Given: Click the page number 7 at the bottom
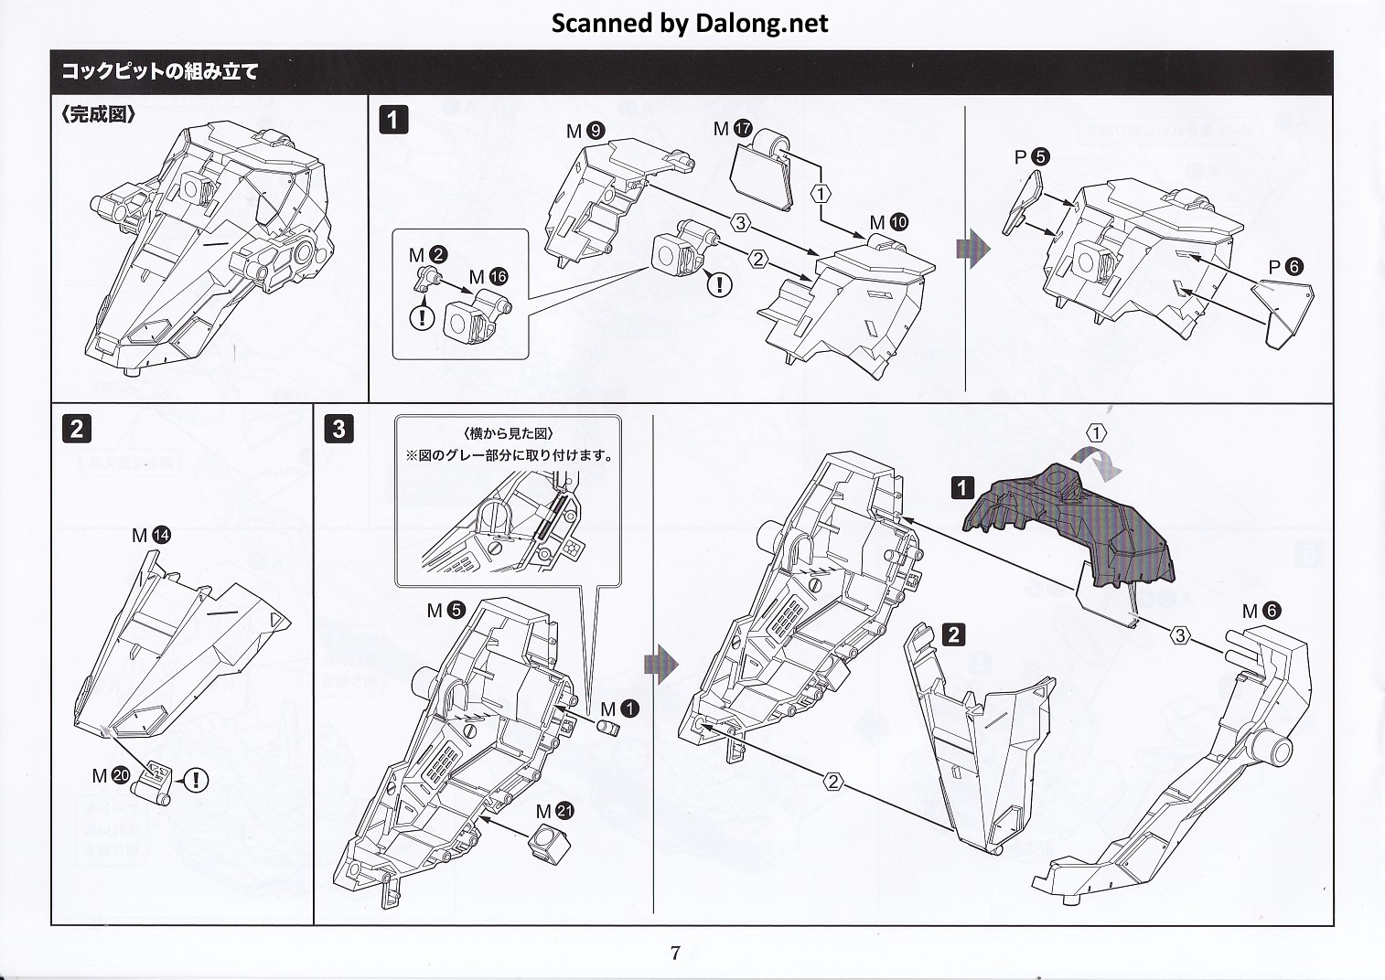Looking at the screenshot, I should coord(675,953).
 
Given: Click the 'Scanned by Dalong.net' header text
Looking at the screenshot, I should coord(689,23).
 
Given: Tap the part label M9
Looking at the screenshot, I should coord(585,131).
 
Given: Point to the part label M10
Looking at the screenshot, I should coord(888,222).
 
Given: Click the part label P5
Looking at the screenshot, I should coord(1032,157).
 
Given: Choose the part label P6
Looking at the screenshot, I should coord(1285,267).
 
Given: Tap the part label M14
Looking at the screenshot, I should coord(151,535).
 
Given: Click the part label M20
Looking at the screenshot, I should coord(112,776).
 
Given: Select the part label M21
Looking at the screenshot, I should coord(555,811).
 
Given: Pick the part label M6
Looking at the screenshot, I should coord(1262,611).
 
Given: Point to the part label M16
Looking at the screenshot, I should coord(488,276).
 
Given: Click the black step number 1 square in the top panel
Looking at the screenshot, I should coord(393,120).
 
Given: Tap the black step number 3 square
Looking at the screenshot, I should coord(339,428).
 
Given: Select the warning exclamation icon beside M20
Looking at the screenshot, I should coord(196,780).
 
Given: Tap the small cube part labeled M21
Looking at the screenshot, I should coord(545,843).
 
